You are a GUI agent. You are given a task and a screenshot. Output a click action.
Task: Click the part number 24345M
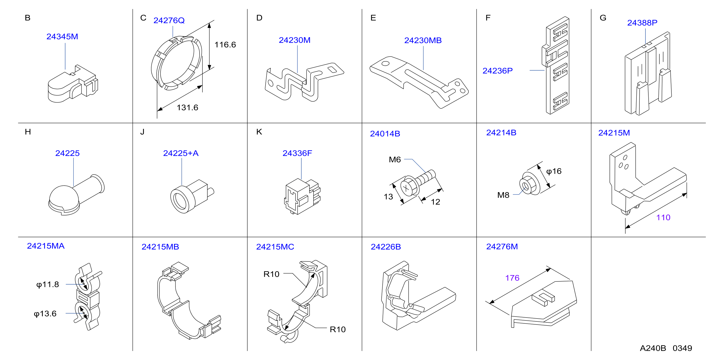tap(62, 37)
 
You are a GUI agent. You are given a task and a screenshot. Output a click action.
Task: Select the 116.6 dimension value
tap(225, 45)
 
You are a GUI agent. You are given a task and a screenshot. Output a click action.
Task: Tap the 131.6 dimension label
tap(187, 107)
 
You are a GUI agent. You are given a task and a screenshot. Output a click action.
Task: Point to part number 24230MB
tap(423, 40)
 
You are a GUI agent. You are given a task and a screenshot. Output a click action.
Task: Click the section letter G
tap(603, 18)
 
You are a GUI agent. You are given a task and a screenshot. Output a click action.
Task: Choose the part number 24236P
tap(498, 71)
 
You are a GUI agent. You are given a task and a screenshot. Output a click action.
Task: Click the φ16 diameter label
tap(554, 171)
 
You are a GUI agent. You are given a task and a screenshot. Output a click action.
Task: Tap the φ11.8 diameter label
tap(48, 284)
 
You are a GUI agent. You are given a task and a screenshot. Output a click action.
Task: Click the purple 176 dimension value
tap(512, 278)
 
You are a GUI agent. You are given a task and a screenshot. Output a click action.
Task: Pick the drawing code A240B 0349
tap(666, 348)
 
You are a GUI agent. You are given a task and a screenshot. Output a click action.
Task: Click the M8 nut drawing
tap(530, 183)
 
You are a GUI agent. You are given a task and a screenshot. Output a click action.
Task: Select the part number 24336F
tap(297, 153)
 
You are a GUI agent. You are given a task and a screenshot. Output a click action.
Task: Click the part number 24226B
tap(386, 247)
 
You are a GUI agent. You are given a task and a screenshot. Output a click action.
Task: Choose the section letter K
tap(259, 132)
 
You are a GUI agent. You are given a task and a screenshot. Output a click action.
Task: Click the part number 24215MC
tap(275, 247)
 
